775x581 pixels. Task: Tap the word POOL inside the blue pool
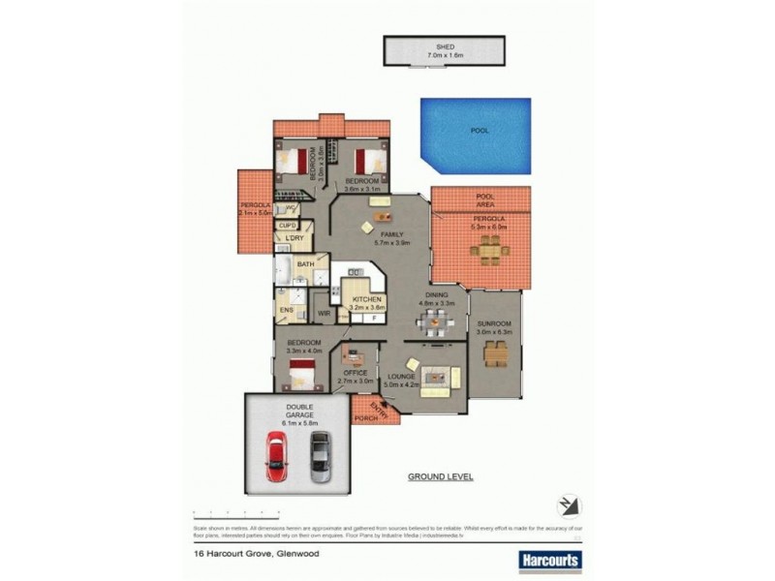click(x=480, y=130)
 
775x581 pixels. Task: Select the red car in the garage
click(x=277, y=457)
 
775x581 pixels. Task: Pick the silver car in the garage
click(x=320, y=456)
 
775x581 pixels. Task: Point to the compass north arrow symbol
click(x=569, y=505)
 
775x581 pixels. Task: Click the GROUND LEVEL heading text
click(x=440, y=477)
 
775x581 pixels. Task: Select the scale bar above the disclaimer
click(x=236, y=511)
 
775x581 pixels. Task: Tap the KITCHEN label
click(x=366, y=301)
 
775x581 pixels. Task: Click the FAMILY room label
click(x=391, y=235)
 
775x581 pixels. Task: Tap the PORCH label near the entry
click(x=364, y=418)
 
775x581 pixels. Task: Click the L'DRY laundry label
click(x=294, y=238)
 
